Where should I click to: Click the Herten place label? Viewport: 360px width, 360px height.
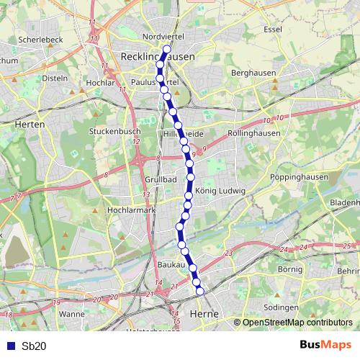[x=30, y=124]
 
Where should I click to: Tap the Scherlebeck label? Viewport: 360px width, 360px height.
[x=42, y=39]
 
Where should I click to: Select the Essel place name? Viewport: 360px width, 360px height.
[x=273, y=30]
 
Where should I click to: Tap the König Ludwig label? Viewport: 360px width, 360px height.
[x=221, y=191]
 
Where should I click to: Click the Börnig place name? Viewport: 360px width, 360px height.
[x=289, y=269]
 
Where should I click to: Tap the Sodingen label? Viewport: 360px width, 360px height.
[x=281, y=307]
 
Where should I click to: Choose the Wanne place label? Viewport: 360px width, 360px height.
[x=72, y=314]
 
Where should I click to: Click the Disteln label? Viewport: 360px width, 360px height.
[x=55, y=78]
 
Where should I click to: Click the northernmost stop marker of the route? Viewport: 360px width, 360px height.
[x=167, y=50]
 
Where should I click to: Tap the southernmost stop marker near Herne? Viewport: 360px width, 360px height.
[x=200, y=291]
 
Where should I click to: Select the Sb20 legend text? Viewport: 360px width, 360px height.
[x=34, y=346]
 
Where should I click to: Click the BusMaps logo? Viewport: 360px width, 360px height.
[x=325, y=346]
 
